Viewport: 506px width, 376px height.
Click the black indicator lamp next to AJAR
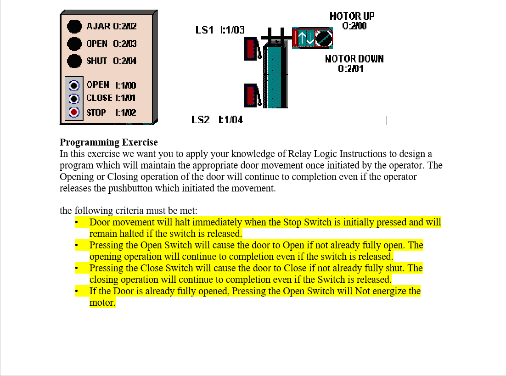pyautogui.click(x=74, y=26)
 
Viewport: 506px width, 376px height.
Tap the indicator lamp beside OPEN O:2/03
pyautogui.click(x=74, y=44)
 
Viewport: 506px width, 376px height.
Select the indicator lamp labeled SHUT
pyautogui.click(x=74, y=61)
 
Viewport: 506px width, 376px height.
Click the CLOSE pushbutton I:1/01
pyautogui.click(x=74, y=98)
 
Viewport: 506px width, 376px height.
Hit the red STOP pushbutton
pyautogui.click(x=74, y=112)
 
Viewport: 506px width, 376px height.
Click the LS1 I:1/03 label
pyautogui.click(x=220, y=30)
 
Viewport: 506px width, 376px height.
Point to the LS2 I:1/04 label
pyautogui.click(x=217, y=120)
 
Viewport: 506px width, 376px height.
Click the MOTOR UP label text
pyautogui.click(x=352, y=16)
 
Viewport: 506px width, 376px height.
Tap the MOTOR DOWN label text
pyautogui.click(x=354, y=59)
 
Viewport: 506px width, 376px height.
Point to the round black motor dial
pyautogui.click(x=324, y=39)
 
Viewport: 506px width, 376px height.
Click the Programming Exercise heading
pyautogui.click(x=108, y=142)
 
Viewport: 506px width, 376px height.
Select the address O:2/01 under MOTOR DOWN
pyautogui.click(x=351, y=69)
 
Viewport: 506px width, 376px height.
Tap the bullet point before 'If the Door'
pyautogui.click(x=77, y=292)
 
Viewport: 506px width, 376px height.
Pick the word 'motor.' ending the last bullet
pyautogui.click(x=102, y=303)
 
